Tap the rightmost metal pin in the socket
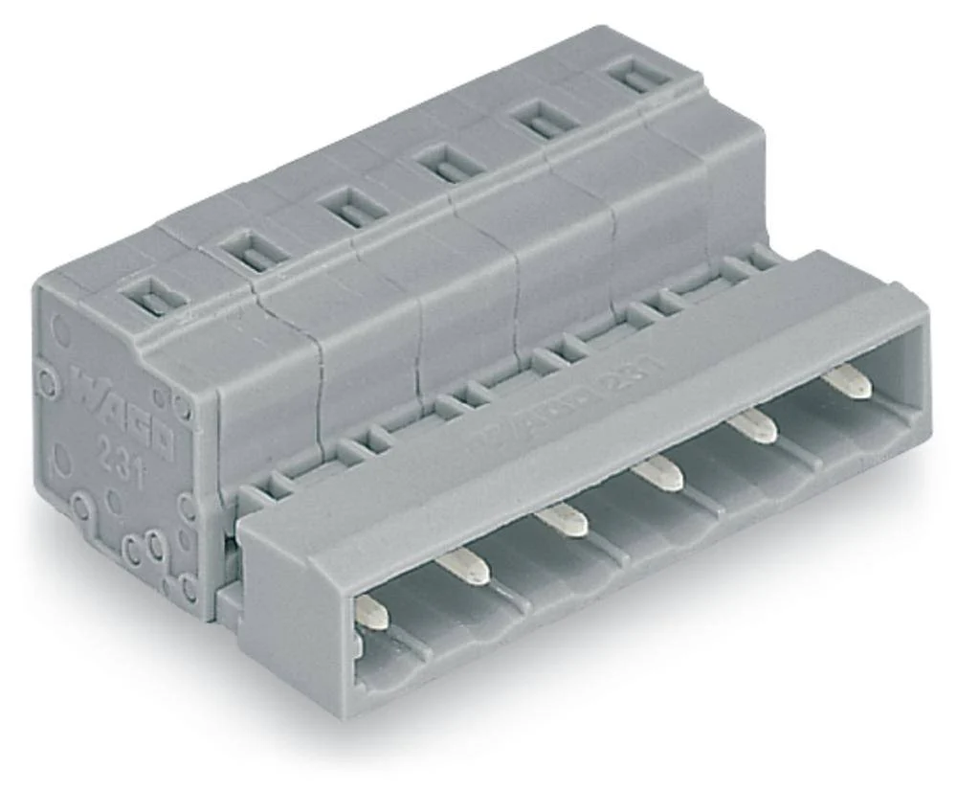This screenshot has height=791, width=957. (848, 384)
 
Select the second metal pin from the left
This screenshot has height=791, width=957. (466, 569)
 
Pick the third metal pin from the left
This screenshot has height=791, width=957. (562, 520)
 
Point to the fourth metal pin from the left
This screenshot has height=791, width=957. (660, 472)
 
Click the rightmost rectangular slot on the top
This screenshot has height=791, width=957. (639, 76)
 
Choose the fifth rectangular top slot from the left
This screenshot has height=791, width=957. (542, 120)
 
